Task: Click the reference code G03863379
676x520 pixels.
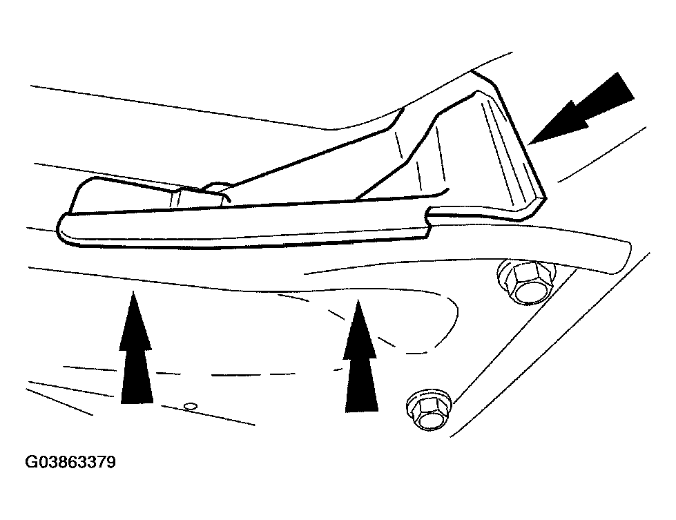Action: (x=70, y=462)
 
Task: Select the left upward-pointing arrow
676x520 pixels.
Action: (x=136, y=347)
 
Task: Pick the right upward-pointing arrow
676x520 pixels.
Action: (x=360, y=356)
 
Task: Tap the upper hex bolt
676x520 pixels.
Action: (x=526, y=282)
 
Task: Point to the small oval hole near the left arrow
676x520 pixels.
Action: (x=190, y=406)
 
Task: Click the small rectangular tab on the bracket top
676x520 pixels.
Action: (x=199, y=196)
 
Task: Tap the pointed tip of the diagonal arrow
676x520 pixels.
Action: (x=531, y=143)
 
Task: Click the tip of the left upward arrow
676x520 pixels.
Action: (x=133, y=291)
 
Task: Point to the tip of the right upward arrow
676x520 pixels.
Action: (x=358, y=300)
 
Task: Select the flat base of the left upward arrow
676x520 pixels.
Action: (x=137, y=403)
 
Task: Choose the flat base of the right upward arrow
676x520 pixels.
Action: (x=362, y=411)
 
